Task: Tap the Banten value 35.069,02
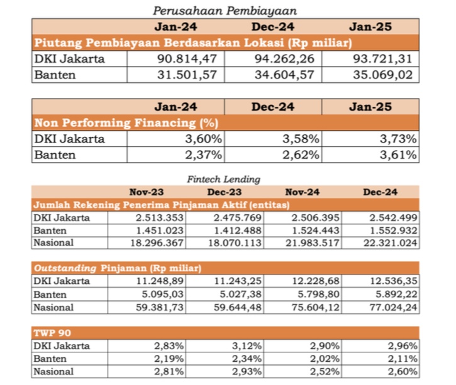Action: click(x=382, y=75)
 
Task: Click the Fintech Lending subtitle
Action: click(x=223, y=180)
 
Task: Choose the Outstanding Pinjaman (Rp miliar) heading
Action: click(x=117, y=268)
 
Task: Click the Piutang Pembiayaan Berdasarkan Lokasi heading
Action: click(x=192, y=43)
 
